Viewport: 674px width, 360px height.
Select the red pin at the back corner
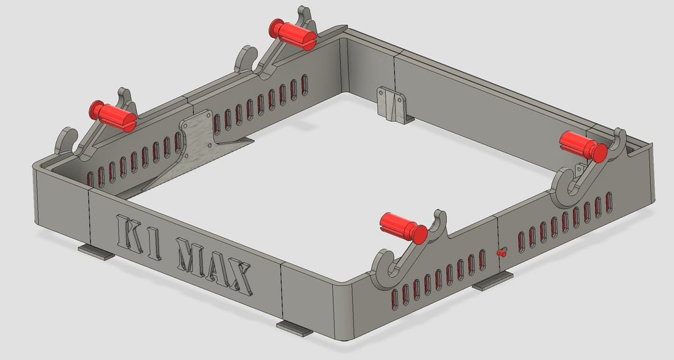coord(292,34)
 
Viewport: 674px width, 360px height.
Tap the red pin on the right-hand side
coord(583,146)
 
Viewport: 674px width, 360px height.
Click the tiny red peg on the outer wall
coord(502,251)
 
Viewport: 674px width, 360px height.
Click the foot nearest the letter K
coord(95,252)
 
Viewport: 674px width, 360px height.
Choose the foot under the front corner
coord(294,327)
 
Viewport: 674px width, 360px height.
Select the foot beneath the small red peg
coord(492,281)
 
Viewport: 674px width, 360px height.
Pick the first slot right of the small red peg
coord(522,242)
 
